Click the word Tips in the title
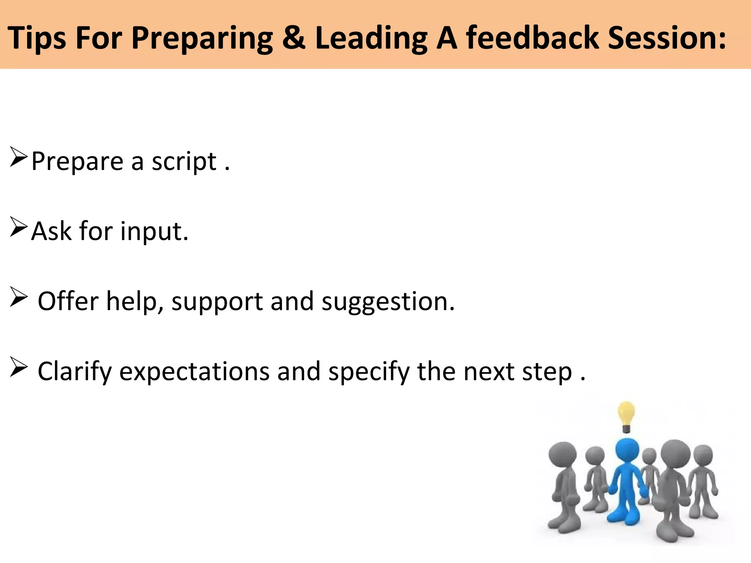pyautogui.click(x=37, y=38)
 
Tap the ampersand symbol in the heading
pyautogui.click(x=294, y=37)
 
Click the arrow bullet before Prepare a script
pyautogui.click(x=18, y=157)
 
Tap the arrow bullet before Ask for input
pyautogui.click(x=18, y=227)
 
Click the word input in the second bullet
pyautogui.click(x=154, y=232)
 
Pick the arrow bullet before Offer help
pyautogui.click(x=18, y=297)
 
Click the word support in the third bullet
pyautogui.click(x=217, y=302)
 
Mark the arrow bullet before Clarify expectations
pyautogui.click(x=18, y=367)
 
